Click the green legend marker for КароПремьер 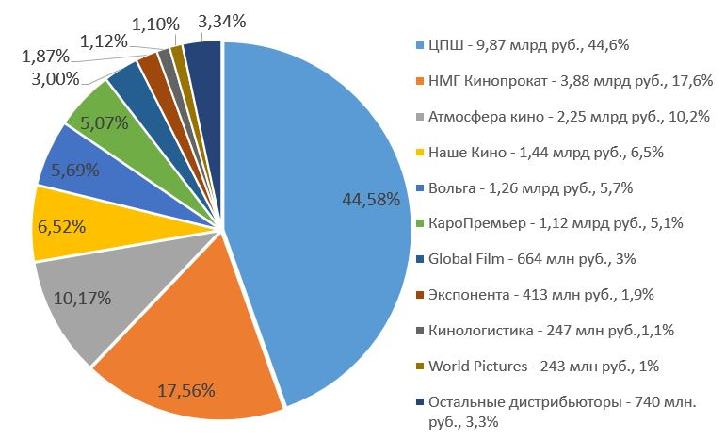pos(419,224)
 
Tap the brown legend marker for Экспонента pos(419,295)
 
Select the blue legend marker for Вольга pos(419,188)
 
